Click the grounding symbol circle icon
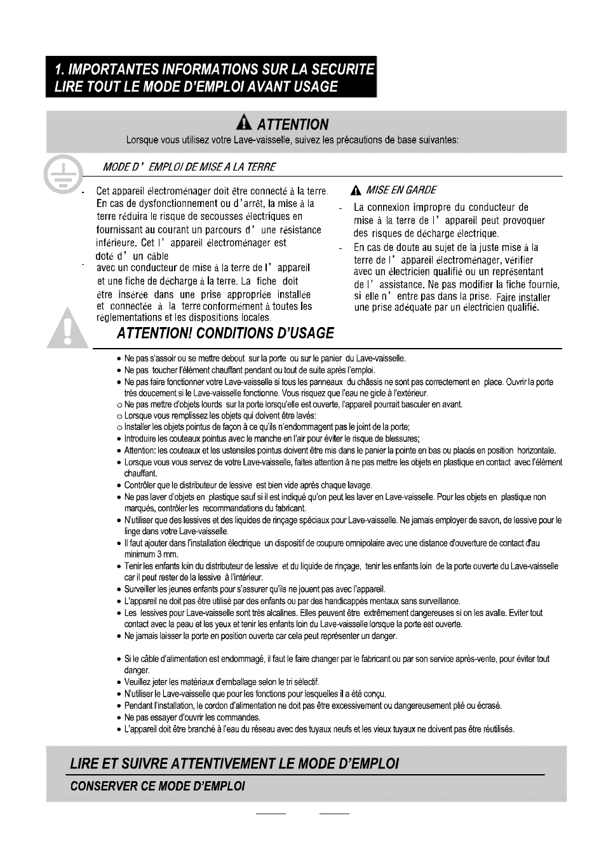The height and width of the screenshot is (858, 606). tap(64, 173)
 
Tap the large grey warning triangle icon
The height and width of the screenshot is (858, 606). tap(68, 328)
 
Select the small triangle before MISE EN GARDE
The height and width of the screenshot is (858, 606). tap(357, 190)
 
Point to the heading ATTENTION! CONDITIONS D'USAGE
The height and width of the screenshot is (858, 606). tap(225, 333)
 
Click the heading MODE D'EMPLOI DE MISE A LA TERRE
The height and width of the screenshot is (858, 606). tap(190, 167)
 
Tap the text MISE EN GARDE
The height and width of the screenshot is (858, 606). tap(401, 190)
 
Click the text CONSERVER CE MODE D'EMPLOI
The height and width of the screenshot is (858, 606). tap(157, 786)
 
